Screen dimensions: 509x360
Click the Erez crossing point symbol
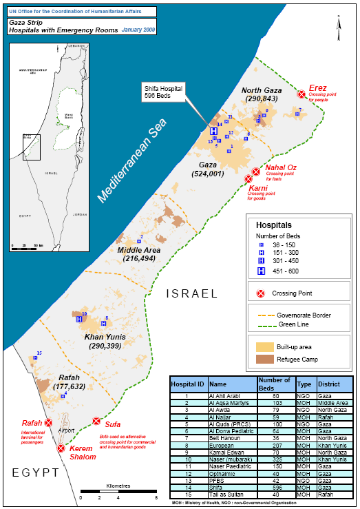point(301,94)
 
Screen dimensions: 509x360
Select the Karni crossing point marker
point(248,179)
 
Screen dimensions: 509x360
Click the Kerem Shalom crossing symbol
point(61,448)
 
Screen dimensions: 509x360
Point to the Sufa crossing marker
point(96,422)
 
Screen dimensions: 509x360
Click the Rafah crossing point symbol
point(48,423)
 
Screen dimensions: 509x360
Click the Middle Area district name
point(138,250)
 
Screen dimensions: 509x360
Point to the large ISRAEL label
point(195,294)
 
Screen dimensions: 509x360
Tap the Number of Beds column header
point(274,383)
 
